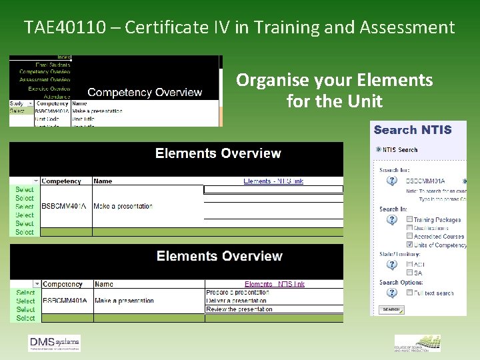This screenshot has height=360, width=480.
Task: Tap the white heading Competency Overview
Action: tap(145, 92)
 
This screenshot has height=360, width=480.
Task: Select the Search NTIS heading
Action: tap(413, 130)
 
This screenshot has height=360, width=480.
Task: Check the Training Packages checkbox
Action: tap(409, 219)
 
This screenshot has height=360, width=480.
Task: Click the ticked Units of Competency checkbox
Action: tap(409, 245)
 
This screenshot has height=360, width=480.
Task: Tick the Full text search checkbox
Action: tap(409, 293)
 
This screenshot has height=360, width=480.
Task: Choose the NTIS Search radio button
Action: tap(379, 149)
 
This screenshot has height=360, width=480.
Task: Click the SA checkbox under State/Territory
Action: tap(409, 273)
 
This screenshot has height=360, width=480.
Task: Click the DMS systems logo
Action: tap(54, 343)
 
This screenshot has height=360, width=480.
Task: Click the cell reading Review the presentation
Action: tap(239, 309)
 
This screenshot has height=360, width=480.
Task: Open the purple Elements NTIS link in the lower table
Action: tap(274, 284)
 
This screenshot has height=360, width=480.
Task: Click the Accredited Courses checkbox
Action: tap(409, 236)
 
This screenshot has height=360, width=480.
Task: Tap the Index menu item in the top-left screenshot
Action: tap(64, 57)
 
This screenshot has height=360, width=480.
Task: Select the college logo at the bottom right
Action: tap(417, 343)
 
